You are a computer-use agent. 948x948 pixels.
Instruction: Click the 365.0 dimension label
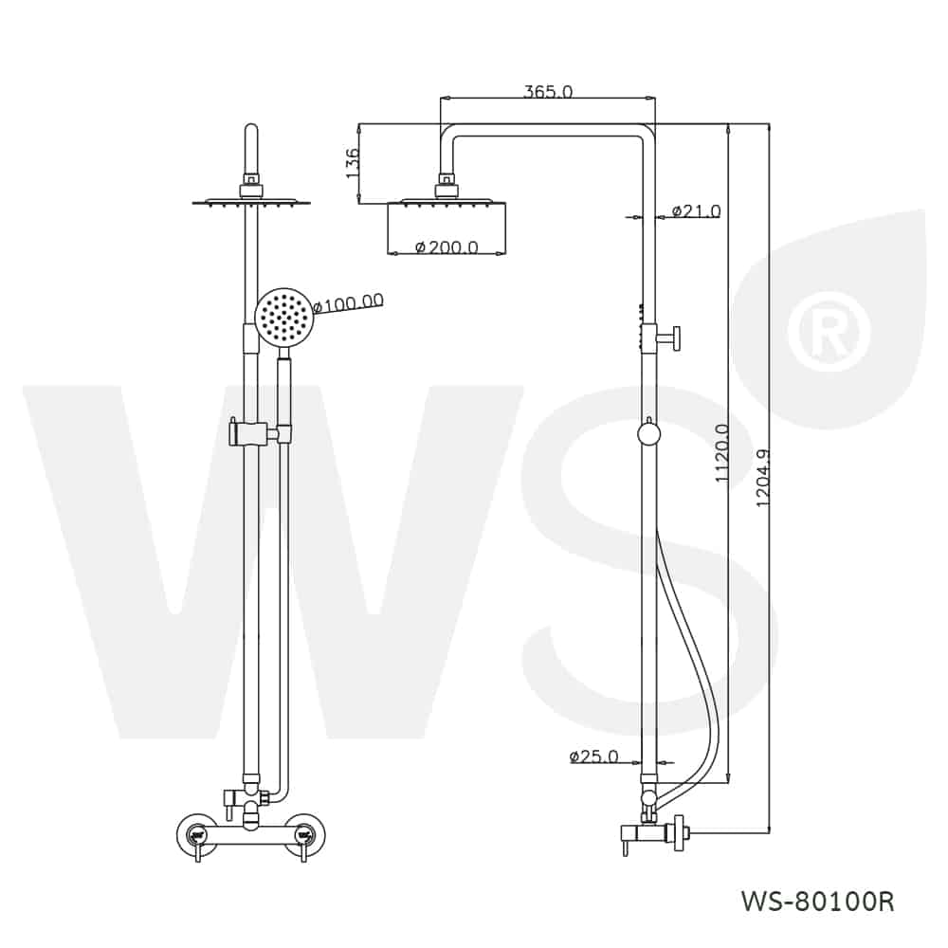[x=547, y=91]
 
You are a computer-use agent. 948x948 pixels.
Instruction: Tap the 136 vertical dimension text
[x=352, y=163]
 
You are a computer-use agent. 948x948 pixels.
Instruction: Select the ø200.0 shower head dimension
[x=447, y=246]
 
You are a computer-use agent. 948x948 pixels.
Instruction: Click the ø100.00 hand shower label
[x=350, y=301]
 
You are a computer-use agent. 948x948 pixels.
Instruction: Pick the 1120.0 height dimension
[x=721, y=453]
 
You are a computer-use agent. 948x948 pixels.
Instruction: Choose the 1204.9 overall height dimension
[x=765, y=478]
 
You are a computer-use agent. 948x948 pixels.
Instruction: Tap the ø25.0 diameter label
[x=594, y=756]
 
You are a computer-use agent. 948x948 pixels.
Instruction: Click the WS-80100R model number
[x=817, y=902]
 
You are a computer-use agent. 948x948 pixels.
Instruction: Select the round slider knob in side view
[x=648, y=434]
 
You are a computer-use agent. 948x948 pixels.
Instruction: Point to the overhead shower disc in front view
[x=251, y=203]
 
